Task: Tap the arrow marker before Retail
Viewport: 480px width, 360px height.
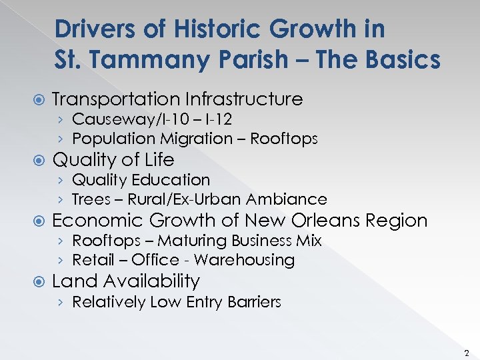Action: point(61,260)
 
